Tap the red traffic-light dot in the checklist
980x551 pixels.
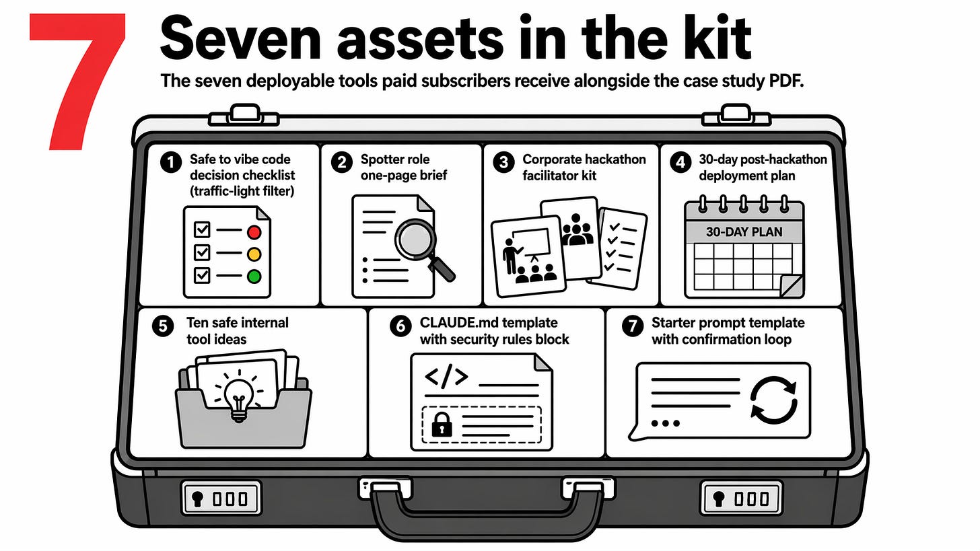pos(254,232)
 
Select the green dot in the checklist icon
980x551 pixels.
pos(254,276)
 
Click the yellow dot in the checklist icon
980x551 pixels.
pos(254,254)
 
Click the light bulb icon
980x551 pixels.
pos(238,394)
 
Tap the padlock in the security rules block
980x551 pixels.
pos(441,425)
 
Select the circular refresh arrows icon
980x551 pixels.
pos(773,400)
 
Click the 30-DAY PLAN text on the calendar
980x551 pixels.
pos(744,232)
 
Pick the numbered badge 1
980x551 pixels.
pos(172,161)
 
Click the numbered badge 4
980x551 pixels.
pos(681,161)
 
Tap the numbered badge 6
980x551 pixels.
pos(400,326)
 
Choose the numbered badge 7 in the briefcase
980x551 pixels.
pos(632,326)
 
